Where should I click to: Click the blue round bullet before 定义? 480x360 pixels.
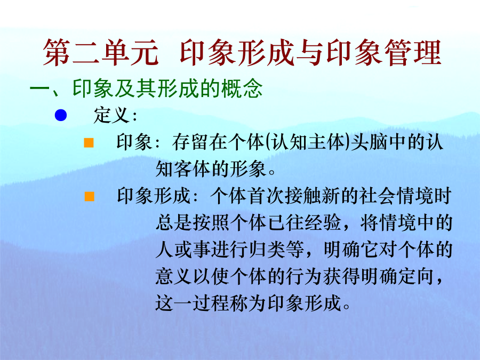pyautogui.click(x=61, y=115)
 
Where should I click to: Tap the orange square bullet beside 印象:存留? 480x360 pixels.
pyautogui.click(x=89, y=142)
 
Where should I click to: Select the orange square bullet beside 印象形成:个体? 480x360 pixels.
pyautogui.click(x=90, y=196)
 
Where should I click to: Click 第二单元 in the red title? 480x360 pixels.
pyautogui.click(x=101, y=53)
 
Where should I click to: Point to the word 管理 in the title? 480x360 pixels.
pyautogui.click(x=413, y=53)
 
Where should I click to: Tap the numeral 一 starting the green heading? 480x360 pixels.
pyautogui.click(x=39, y=89)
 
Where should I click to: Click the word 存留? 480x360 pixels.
pyautogui.click(x=190, y=142)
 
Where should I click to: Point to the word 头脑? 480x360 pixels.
pyautogui.click(x=370, y=142)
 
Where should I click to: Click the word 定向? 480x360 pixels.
pyautogui.click(x=417, y=276)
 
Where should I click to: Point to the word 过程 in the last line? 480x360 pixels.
pyautogui.click(x=211, y=303)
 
